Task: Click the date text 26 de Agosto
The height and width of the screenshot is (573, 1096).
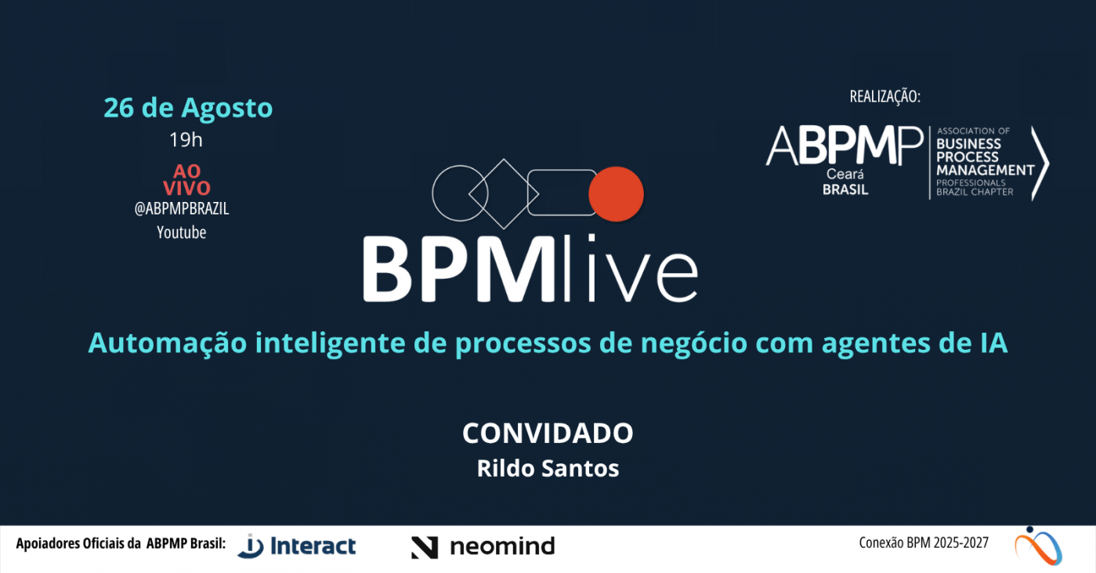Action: pos(188,108)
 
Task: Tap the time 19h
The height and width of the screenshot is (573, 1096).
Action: pos(186,140)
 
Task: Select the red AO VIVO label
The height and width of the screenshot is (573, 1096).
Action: pos(187,179)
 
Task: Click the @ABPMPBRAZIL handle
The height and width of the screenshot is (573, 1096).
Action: pos(182,209)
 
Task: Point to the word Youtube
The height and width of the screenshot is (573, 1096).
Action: pos(182,232)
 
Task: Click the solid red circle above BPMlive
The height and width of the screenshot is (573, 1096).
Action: pos(616,194)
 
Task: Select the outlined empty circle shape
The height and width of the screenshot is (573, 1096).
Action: pos(432,193)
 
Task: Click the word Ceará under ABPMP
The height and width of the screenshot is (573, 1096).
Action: pos(845,175)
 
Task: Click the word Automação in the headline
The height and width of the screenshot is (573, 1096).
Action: pos(168,343)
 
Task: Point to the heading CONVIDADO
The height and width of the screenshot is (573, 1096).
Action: pos(548,433)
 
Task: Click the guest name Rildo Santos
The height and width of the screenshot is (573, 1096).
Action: pos(548,468)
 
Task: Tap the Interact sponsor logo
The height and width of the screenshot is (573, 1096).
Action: pos(296,546)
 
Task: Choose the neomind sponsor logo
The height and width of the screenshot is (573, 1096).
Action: pos(483,547)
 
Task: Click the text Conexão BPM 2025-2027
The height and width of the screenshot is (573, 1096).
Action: pos(924,543)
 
